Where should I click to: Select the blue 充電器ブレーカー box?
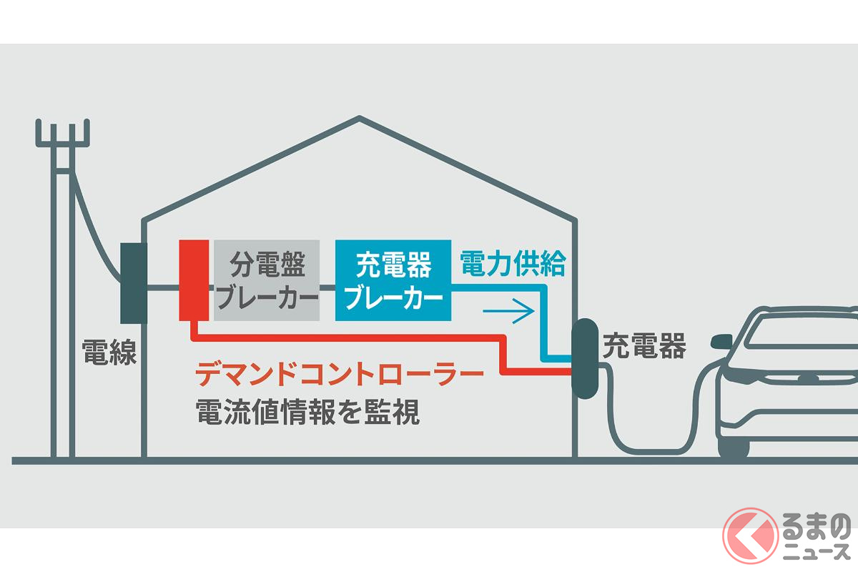[x=393, y=280]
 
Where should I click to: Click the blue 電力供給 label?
[x=513, y=264]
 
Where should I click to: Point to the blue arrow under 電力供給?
[x=509, y=311]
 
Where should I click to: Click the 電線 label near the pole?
[x=109, y=352]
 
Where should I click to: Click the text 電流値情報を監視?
[x=307, y=412]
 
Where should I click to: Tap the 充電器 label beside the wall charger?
[x=644, y=347]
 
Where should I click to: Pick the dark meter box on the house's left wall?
[x=134, y=282]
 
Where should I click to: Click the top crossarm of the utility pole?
[x=64, y=144]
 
